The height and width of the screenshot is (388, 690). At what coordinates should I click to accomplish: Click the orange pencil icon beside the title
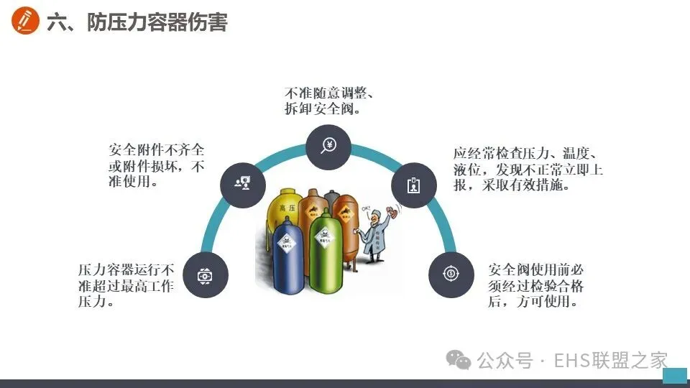(x=26, y=22)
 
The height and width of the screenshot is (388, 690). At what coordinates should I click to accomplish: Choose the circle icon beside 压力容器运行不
(x=206, y=275)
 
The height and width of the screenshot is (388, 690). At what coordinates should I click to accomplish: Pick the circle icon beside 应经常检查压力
(x=414, y=185)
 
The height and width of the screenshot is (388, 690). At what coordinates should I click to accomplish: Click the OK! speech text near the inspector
(x=365, y=210)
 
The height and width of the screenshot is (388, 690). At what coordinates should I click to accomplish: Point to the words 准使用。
(x=134, y=182)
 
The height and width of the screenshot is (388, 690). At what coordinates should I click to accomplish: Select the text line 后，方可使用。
(x=533, y=302)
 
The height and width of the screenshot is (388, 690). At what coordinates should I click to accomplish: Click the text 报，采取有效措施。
(x=512, y=185)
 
